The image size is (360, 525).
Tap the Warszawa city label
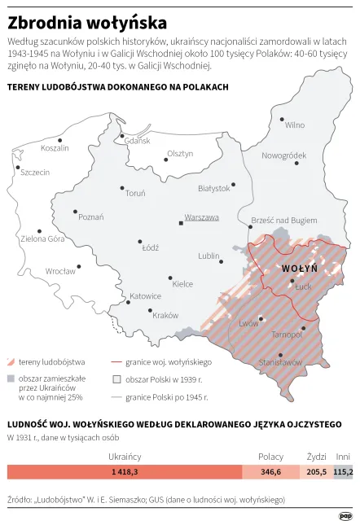click(202, 218)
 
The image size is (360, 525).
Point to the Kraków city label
click(165, 315)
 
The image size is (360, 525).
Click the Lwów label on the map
click(248, 323)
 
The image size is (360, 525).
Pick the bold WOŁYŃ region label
click(300, 269)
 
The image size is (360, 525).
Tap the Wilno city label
click(295, 125)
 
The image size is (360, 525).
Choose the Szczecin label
click(35, 173)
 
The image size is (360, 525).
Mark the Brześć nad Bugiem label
click(284, 221)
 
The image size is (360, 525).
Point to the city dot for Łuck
click(292, 282)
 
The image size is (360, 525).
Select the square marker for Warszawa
click(181, 222)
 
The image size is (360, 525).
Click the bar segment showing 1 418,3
click(125, 472)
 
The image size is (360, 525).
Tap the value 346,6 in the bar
click(271, 472)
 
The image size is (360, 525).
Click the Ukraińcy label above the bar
click(125, 456)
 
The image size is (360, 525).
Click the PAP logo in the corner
click(345, 514)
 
